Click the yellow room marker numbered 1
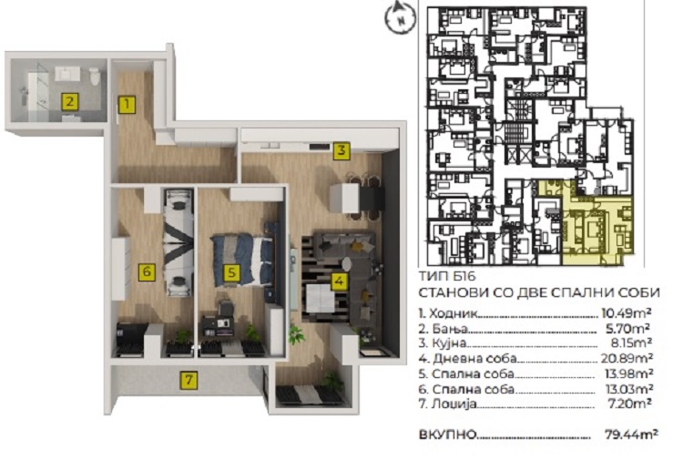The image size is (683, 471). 127,105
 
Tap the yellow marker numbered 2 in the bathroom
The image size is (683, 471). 70,102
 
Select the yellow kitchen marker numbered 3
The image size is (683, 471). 341,150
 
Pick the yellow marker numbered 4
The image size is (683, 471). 339,281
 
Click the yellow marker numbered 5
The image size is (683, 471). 231,272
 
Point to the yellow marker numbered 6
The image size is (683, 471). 147,271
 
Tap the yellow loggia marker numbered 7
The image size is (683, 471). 189,380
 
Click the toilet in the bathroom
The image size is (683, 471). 95,76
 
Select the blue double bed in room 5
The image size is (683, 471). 243,261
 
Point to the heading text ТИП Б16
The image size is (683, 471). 447,277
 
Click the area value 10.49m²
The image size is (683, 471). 627,312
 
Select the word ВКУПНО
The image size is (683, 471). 447,435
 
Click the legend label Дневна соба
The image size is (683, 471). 474,359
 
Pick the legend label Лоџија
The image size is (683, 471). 454,404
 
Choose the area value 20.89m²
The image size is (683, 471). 627,359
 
